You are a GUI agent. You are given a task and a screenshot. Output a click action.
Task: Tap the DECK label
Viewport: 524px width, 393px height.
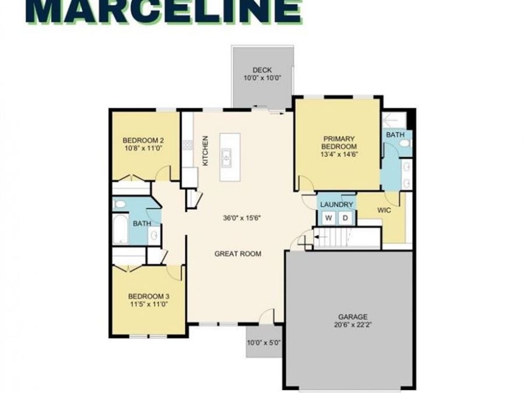point(262,70)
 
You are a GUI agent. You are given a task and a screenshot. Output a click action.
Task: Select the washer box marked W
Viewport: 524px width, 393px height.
point(328,218)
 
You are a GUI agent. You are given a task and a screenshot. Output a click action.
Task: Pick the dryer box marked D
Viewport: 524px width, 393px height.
point(345,218)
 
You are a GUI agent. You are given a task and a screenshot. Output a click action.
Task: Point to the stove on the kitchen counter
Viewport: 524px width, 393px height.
point(187,146)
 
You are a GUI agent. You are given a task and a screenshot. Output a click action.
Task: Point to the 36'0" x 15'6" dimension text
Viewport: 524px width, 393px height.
point(240,218)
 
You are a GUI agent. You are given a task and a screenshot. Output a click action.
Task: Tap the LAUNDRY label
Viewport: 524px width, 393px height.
point(337,205)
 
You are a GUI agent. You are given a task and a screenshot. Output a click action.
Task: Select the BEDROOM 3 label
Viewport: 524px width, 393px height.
point(147,295)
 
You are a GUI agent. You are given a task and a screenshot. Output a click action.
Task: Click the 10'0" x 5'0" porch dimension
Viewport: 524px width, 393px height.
point(264,343)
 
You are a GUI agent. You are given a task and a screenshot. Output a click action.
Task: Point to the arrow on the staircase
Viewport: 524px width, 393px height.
point(318,237)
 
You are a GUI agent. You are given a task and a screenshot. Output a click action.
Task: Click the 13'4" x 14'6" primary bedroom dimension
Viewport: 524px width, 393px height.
point(338,155)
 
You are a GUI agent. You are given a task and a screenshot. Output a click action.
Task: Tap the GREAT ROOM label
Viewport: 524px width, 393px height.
point(238,254)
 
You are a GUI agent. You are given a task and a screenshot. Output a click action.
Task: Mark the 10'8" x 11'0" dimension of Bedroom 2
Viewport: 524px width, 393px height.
point(143,149)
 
